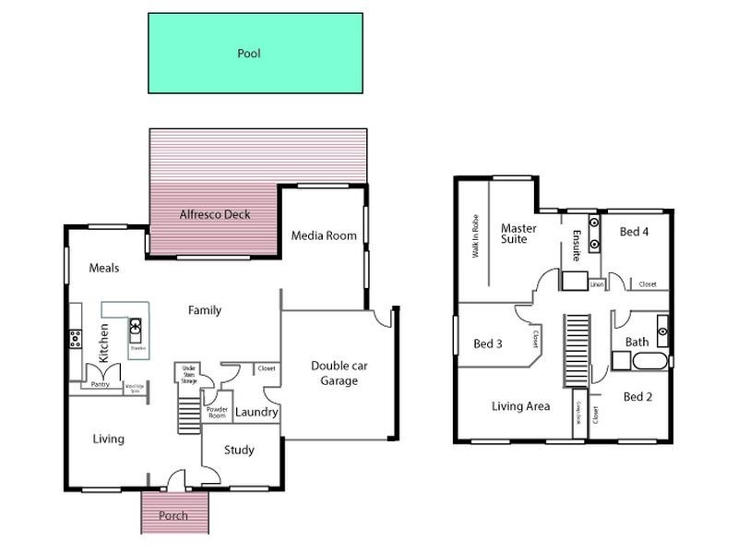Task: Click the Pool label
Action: click(x=249, y=54)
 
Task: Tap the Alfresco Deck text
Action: click(x=215, y=215)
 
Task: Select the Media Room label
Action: click(x=324, y=235)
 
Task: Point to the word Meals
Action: click(x=104, y=268)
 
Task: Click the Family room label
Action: click(x=205, y=310)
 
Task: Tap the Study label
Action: click(x=239, y=451)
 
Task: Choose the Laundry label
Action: click(x=256, y=413)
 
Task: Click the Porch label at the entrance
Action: click(x=173, y=516)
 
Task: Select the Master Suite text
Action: click(x=514, y=233)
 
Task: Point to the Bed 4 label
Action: click(x=634, y=232)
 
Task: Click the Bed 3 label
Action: click(x=488, y=344)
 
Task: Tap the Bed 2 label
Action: click(x=637, y=397)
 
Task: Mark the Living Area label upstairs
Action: click(x=521, y=406)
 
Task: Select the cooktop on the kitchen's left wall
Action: click(x=75, y=339)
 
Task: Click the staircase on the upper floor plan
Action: click(x=577, y=350)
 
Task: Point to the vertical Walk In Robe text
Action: click(x=476, y=235)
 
